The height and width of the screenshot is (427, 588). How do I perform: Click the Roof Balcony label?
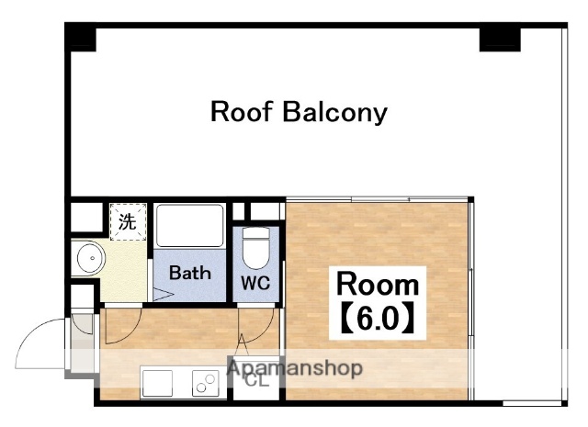pyautogui.click(x=299, y=112)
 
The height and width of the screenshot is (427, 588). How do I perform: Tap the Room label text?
pyautogui.click(x=378, y=285)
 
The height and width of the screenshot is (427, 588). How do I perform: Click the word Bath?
pyautogui.click(x=190, y=273)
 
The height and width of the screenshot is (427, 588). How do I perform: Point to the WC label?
pyautogui.click(x=255, y=283)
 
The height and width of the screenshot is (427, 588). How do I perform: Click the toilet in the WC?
pyautogui.click(x=255, y=248)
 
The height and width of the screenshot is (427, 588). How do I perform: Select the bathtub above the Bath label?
pyautogui.click(x=190, y=225)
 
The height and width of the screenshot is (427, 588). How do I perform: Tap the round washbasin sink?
pyautogui.click(x=91, y=258)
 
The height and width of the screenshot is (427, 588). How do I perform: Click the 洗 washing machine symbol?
pyautogui.click(x=128, y=221)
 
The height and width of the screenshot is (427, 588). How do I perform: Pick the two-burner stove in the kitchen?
pyautogui.click(x=206, y=383)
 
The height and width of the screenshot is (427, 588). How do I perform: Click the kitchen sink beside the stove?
pyautogui.click(x=157, y=383)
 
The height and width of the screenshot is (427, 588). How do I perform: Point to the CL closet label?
pyautogui.click(x=257, y=381)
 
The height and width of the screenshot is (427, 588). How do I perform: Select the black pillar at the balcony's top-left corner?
pyautogui.click(x=80, y=37)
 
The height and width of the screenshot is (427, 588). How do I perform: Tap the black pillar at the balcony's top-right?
pyautogui.click(x=500, y=39)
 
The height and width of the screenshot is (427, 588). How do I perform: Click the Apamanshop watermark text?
pyautogui.click(x=295, y=368)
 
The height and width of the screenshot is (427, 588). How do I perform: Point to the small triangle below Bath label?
pyautogui.click(x=162, y=294)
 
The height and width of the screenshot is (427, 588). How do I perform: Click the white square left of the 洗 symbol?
pyautogui.click(x=86, y=217)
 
